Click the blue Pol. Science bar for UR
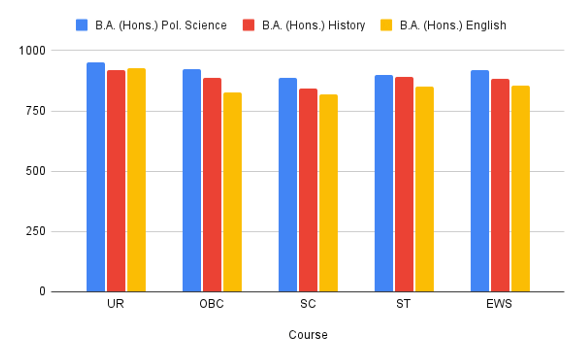96,177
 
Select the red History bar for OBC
212,185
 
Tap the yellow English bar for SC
328,193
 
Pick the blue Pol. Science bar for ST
384,183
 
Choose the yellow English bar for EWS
520,189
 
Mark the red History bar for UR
116,181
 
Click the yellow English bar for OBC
232,192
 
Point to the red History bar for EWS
500,185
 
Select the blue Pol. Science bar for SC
288,185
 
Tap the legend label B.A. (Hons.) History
313,25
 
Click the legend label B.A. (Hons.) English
453,25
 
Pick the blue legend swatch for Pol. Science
81,25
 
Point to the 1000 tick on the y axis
33,50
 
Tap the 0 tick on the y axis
42,292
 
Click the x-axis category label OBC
212,305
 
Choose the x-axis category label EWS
500,305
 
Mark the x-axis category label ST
403,305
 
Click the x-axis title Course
308,335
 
